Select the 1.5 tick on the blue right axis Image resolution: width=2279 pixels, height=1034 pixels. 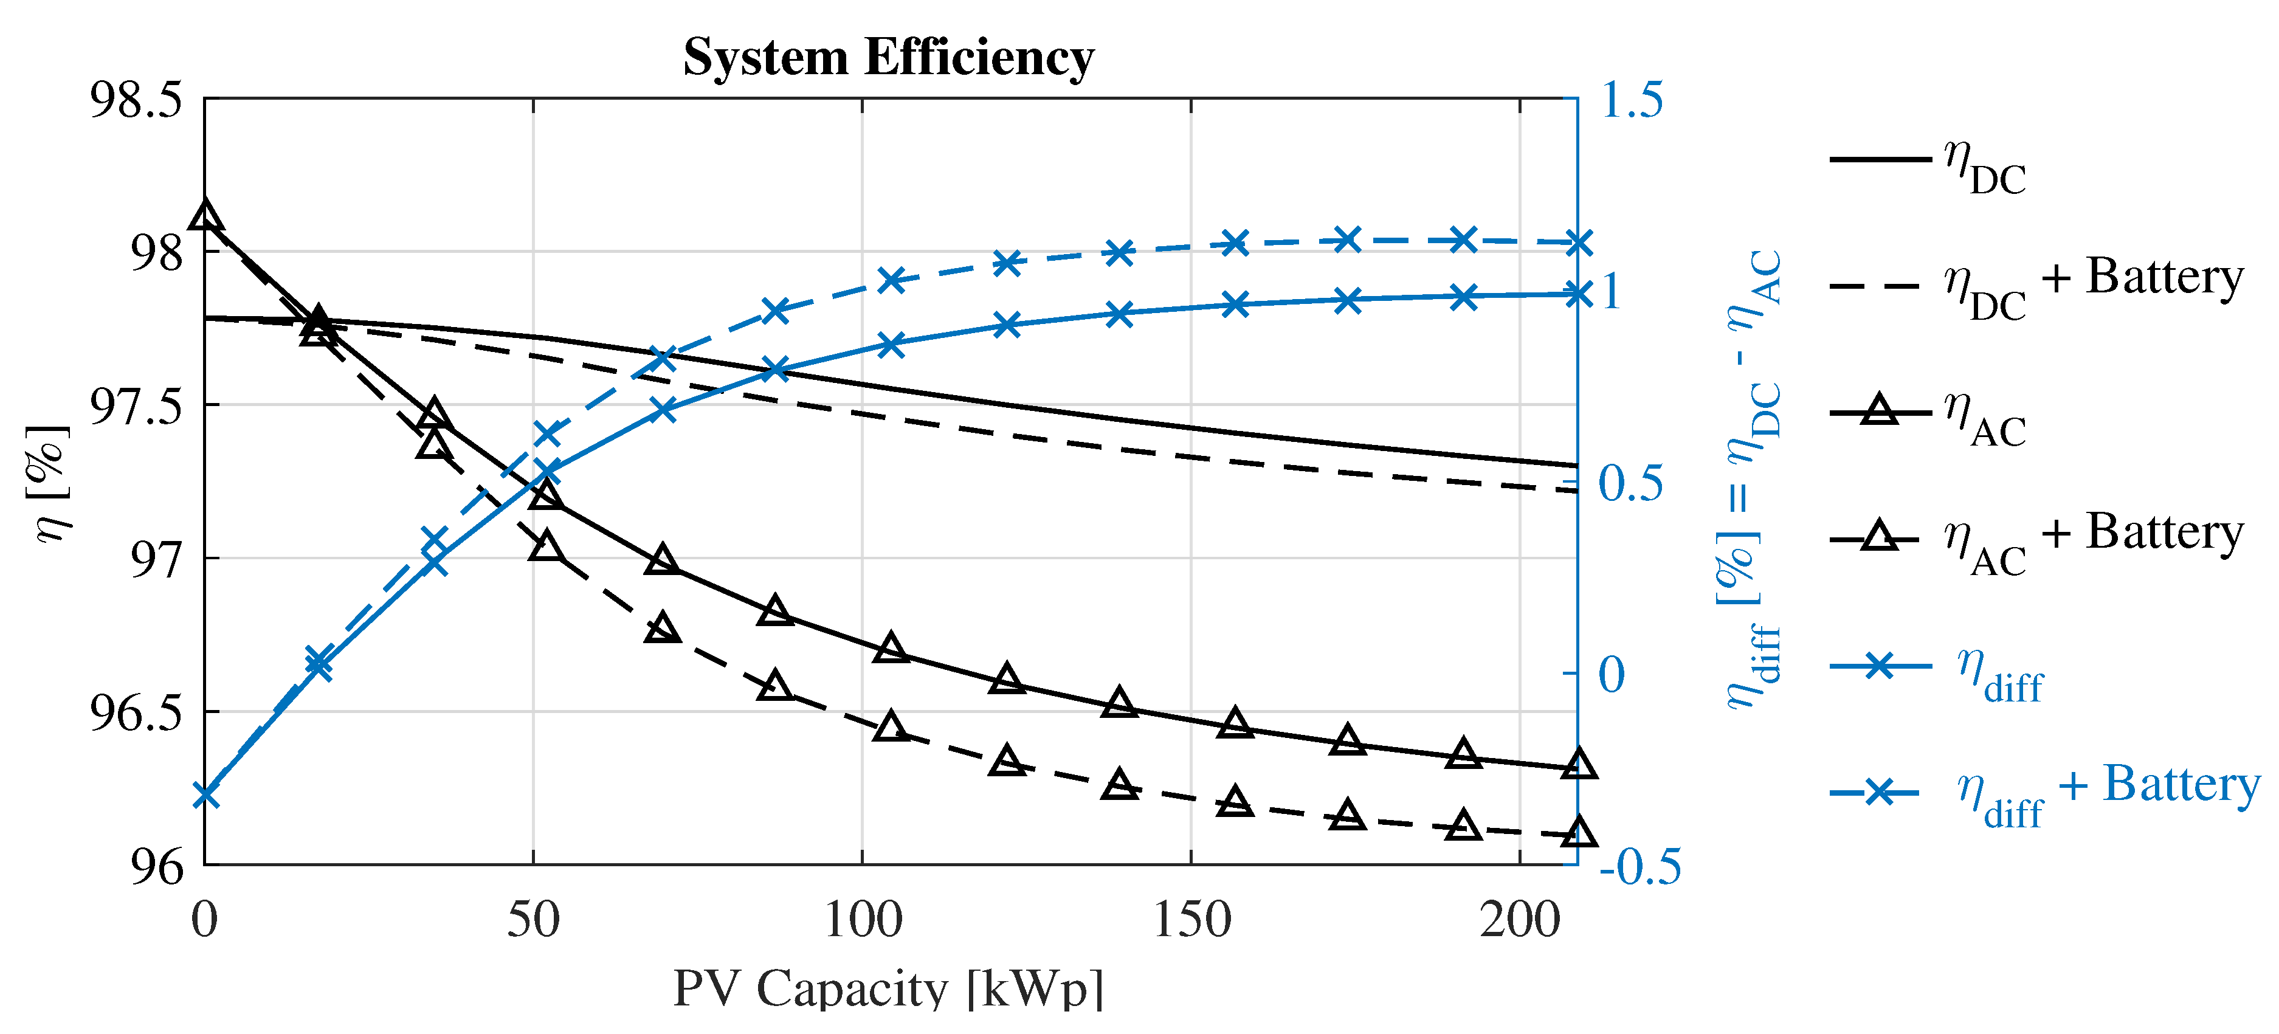(1632, 98)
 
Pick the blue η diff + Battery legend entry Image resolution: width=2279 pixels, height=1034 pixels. (2044, 791)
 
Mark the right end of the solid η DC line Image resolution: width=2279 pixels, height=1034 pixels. (1576, 465)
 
